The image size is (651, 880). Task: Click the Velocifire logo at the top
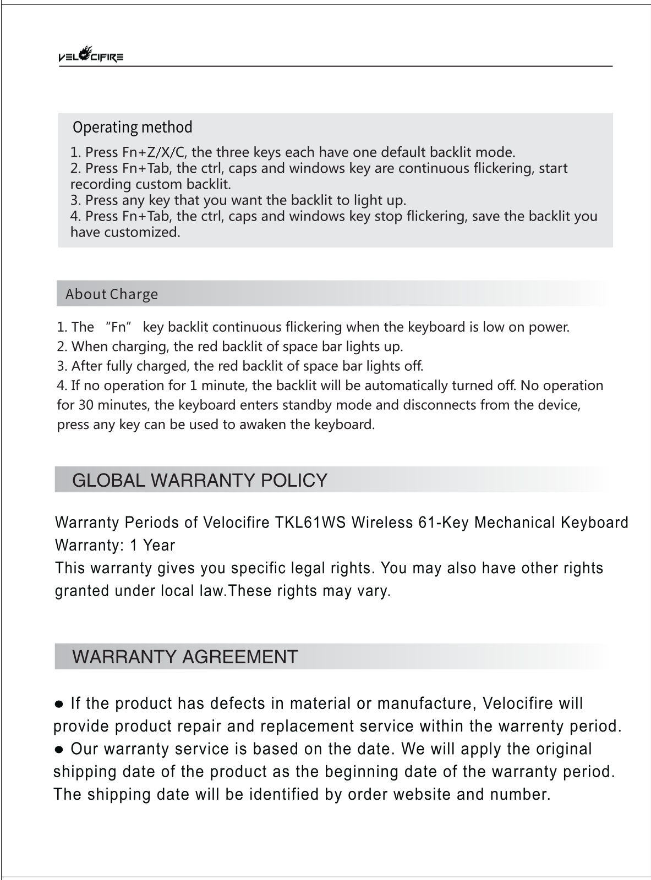coord(90,55)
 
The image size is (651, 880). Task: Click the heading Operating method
coord(133,128)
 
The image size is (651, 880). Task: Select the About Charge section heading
coord(112,294)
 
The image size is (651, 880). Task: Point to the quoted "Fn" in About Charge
coord(120,327)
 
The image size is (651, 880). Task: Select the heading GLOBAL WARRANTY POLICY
coord(200,480)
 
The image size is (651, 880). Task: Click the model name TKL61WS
coord(310,522)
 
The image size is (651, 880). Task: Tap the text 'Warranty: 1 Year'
coord(115,546)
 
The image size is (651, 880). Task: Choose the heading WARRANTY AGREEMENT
coord(185,657)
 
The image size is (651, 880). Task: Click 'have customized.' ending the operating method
coord(125,232)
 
